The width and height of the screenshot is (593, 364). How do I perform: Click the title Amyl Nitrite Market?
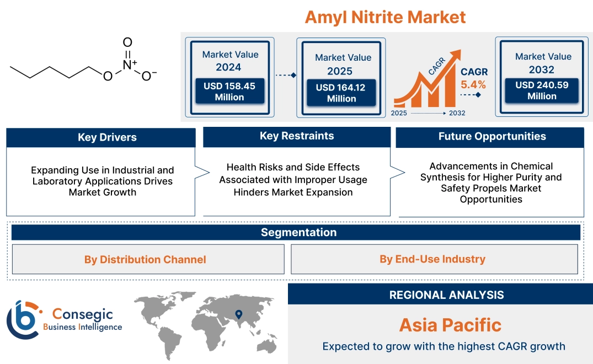[x=385, y=17]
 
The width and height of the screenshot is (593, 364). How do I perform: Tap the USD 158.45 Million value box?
[x=229, y=92]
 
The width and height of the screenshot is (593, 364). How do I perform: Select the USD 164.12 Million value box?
[x=341, y=93]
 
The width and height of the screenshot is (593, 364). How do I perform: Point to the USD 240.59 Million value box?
[x=541, y=90]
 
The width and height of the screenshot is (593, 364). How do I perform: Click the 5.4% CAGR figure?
[x=473, y=84]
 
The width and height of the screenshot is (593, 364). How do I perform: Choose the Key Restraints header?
[x=297, y=136]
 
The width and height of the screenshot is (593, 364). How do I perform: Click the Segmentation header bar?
[x=298, y=232]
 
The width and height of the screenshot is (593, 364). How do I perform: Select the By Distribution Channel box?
[x=145, y=259]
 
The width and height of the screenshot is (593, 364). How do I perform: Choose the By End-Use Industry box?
[x=432, y=259]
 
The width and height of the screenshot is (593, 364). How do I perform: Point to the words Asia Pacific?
[x=450, y=325]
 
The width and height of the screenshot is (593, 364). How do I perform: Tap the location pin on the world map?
[x=238, y=315]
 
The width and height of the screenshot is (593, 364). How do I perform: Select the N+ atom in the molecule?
[x=129, y=64]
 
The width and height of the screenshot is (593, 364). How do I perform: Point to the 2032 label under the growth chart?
[x=457, y=113]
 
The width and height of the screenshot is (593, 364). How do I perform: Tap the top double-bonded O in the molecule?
[x=127, y=42]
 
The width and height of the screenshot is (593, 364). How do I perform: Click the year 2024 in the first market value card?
[x=228, y=67]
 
